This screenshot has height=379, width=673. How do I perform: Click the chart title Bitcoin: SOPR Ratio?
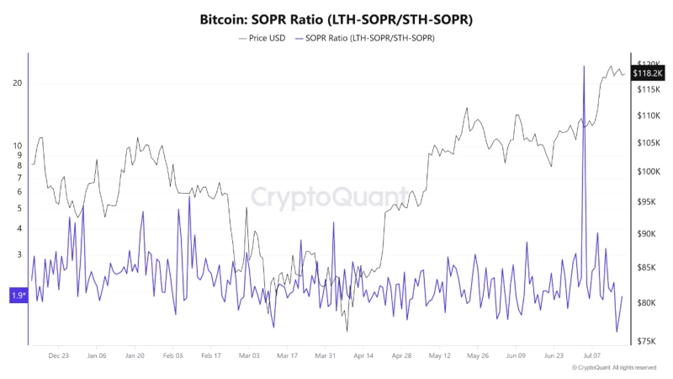pos(336,18)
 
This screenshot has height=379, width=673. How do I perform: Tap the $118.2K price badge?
pos(649,73)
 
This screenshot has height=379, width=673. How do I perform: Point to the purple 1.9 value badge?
pos(18,295)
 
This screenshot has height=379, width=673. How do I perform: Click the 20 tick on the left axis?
pos(17,83)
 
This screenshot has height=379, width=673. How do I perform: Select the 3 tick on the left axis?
pos(19,254)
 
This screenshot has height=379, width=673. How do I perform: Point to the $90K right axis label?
pos(649,234)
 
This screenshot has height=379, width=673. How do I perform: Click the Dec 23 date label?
pos(59,356)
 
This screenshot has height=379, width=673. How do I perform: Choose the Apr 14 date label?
pos(363,356)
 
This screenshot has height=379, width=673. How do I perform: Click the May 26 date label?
pos(477,356)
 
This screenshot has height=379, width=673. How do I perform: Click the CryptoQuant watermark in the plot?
pos(323,197)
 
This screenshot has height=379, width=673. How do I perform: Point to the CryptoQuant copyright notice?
pos(613,368)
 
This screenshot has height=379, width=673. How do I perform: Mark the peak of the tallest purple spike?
pos(583,66)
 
